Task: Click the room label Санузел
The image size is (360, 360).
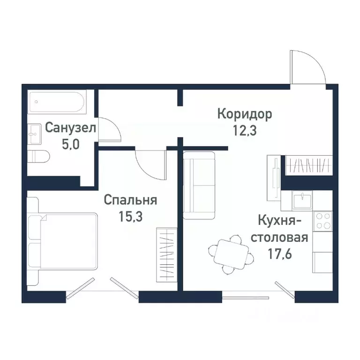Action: point(71,127)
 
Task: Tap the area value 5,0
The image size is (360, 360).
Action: point(71,143)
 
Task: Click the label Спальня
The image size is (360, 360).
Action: point(130,200)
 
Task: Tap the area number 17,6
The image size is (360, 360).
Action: point(279,253)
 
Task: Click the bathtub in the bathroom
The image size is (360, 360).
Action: point(57,102)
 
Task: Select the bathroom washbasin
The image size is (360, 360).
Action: point(35,134)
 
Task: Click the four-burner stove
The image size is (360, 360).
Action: point(323,220)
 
